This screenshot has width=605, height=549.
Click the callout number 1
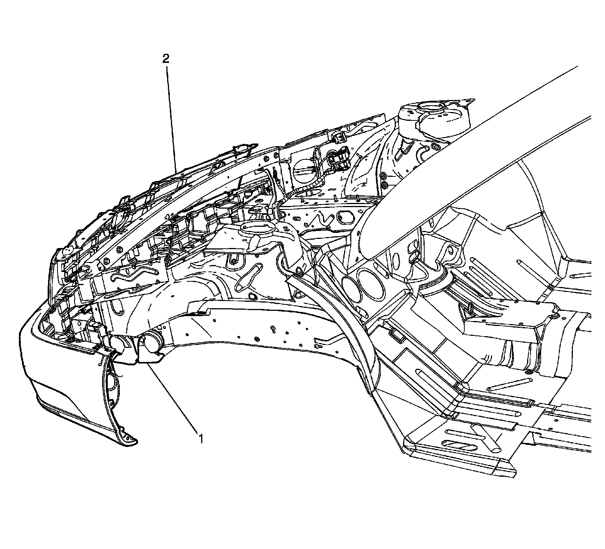[x=201, y=439]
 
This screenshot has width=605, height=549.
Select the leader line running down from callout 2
[x=171, y=117]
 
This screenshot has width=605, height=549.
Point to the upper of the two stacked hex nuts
[x=383, y=176]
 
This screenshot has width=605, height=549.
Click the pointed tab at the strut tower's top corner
[x=469, y=101]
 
